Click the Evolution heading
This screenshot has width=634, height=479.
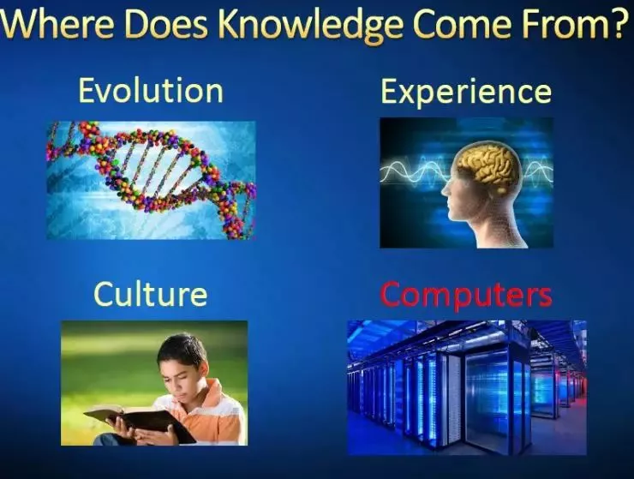(151, 91)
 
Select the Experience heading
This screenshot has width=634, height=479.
(466, 93)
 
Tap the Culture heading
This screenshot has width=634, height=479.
(151, 294)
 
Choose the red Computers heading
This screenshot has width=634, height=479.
(466, 296)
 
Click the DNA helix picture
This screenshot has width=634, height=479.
(151, 180)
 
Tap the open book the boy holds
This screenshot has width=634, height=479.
(140, 421)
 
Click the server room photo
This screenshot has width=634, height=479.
(467, 387)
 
